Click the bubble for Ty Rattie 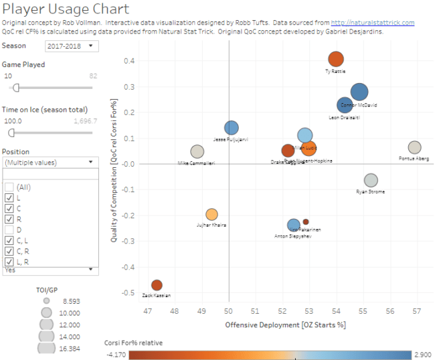pyautogui.click(x=336, y=60)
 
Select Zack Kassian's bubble pyautogui.click(x=157, y=285)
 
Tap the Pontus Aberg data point pyautogui.click(x=414, y=148)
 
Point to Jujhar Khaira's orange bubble pyautogui.click(x=211, y=214)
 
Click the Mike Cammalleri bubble pyautogui.click(x=197, y=152)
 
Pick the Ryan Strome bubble pyautogui.click(x=371, y=180)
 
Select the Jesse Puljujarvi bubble pyautogui.click(x=232, y=128)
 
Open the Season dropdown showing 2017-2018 pyautogui.click(x=72, y=46)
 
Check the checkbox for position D pyautogui.click(x=9, y=230)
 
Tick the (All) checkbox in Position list pyautogui.click(x=9, y=187)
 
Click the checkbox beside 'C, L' pyautogui.click(x=9, y=241)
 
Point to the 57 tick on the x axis pyautogui.click(x=416, y=310)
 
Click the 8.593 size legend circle pyautogui.click(x=46, y=301)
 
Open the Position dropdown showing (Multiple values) pyautogui.click(x=51, y=162)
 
